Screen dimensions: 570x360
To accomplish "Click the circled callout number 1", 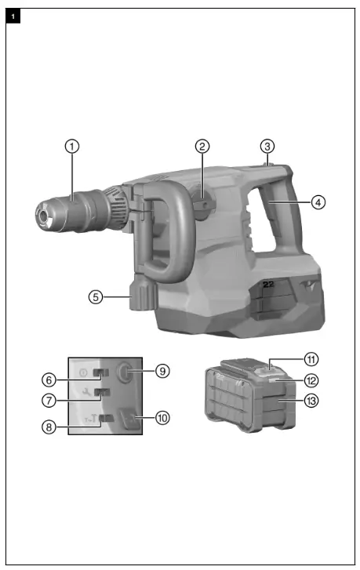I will [72, 146].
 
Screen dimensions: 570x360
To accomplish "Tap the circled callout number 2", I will [202, 146].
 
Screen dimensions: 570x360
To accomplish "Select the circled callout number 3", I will [268, 146].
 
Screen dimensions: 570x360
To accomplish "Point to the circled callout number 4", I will [318, 201].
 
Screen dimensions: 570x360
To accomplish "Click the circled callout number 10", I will [163, 418].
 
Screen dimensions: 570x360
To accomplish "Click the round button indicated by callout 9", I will [125, 371].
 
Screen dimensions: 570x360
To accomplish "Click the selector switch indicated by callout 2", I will [200, 205].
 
